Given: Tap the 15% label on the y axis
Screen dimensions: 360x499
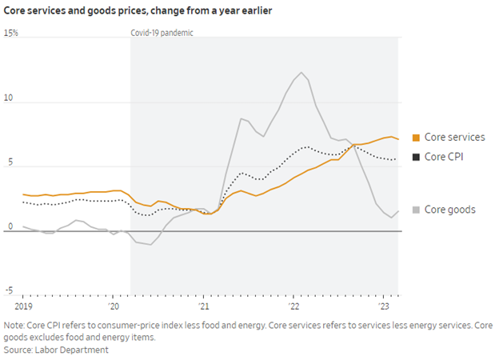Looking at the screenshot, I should [x=11, y=34].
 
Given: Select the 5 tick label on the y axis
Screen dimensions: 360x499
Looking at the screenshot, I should [x=7, y=164].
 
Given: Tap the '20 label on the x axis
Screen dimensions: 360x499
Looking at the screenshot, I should [x=114, y=306].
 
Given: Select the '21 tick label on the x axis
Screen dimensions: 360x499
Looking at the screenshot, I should [x=203, y=306].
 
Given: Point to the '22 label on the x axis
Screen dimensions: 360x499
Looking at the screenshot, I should [x=293, y=306].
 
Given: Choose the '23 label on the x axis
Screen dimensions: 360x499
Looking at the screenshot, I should [x=383, y=306].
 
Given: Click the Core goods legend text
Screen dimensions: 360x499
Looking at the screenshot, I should [x=450, y=210].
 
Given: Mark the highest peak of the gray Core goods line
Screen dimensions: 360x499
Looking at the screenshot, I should [x=301, y=73].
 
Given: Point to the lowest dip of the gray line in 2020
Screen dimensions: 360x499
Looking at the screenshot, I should [x=151, y=244].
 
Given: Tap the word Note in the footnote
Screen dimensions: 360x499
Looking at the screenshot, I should [x=14, y=326].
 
